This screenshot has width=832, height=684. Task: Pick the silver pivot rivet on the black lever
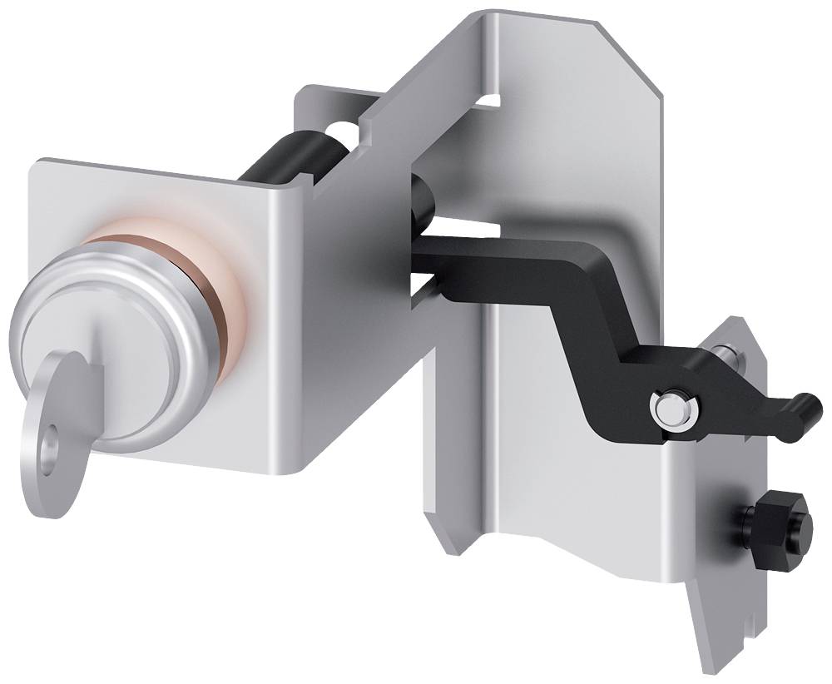pos(672,408)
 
